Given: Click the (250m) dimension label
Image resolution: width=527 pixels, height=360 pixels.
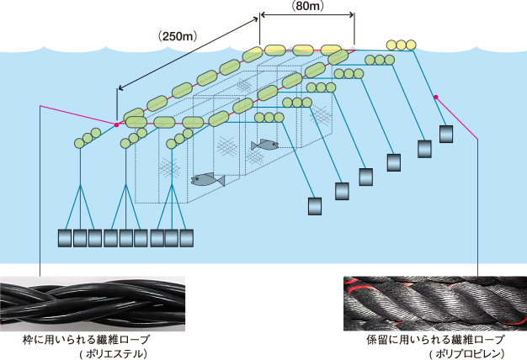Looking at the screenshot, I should point(177,36).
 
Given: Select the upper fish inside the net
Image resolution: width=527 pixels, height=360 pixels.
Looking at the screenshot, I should point(264,145).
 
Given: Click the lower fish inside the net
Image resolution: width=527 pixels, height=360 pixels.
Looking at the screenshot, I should point(207,179).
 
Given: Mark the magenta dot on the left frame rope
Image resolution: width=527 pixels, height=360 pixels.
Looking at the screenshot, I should point(116,125).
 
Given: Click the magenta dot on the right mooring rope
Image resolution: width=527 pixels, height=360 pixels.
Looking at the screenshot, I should point(436,98).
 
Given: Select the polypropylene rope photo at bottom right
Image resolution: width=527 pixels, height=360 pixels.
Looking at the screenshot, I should point(434,302).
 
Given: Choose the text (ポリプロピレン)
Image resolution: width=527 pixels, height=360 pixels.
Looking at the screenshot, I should point(460,354).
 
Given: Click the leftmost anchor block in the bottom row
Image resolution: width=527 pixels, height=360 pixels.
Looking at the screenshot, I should point(65,238).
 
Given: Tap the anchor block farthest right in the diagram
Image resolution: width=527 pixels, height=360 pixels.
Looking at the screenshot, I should point(447,134).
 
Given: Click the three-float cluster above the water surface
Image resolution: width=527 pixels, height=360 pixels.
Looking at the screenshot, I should point(400,45).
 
